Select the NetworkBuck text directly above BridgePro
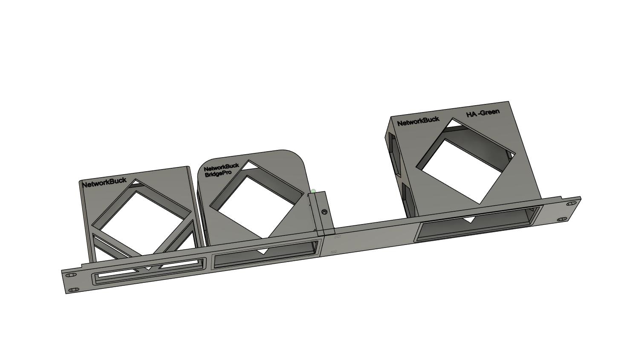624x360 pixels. click(221, 167)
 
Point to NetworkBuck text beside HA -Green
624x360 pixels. click(418, 121)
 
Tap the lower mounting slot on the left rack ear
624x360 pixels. click(74, 290)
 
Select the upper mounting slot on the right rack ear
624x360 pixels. click(571, 204)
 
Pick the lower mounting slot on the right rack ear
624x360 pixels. click(562, 219)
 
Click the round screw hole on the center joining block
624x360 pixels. click(324, 212)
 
